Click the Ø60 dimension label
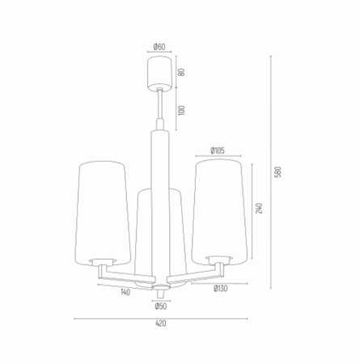[x=159, y=47]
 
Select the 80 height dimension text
[x=182, y=72]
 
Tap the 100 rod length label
[x=182, y=110]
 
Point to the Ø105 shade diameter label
[x=218, y=150]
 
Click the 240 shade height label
[x=259, y=209]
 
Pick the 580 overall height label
[x=277, y=172]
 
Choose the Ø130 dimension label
[x=221, y=289]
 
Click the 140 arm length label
[x=125, y=292]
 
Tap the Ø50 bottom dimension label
[x=161, y=307]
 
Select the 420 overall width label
[x=161, y=324]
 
